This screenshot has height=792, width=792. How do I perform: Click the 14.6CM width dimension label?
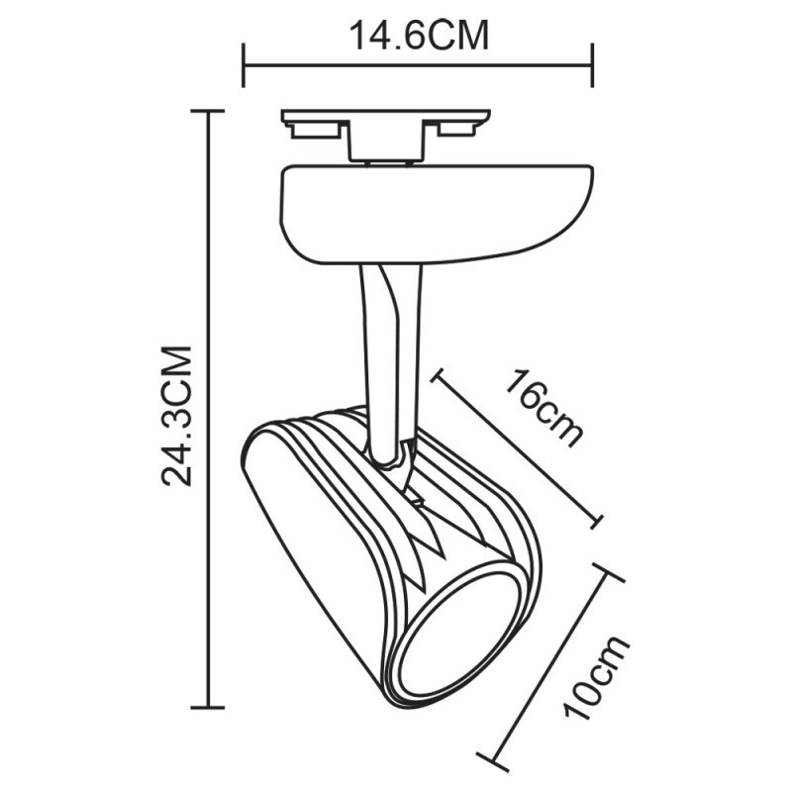click(x=419, y=36)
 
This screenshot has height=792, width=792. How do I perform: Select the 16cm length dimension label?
click(x=544, y=407)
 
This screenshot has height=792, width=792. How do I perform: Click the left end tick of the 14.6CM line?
click(x=245, y=64)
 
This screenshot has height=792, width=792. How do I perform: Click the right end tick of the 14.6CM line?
click(x=592, y=64)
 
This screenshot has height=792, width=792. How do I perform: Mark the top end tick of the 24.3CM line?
click(x=207, y=113)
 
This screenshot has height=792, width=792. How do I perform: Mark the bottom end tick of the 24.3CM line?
click(x=207, y=707)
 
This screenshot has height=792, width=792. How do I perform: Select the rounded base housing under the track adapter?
click(x=436, y=213)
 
